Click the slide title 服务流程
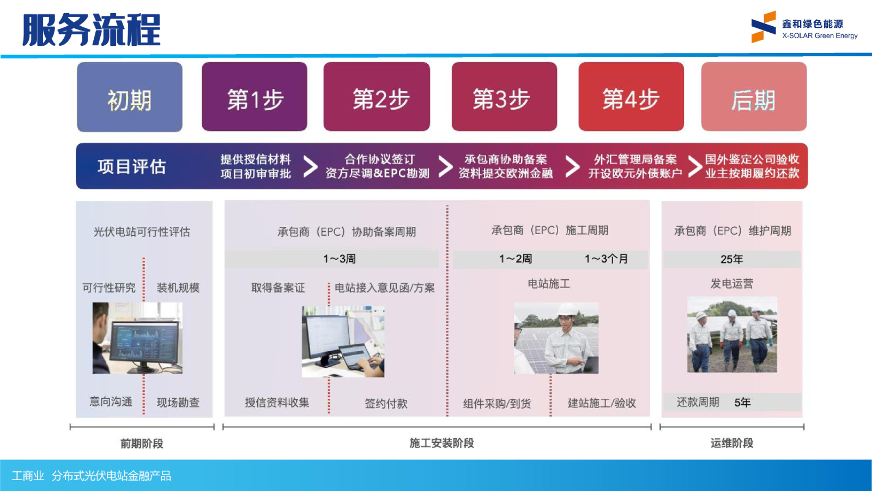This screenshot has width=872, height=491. tap(91, 29)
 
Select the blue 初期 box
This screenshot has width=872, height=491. tap(130, 97)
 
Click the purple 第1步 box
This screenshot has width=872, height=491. tap(255, 97)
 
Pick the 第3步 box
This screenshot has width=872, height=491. tap(504, 97)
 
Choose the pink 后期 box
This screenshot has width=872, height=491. tap(754, 97)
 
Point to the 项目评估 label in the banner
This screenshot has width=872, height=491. tap(131, 166)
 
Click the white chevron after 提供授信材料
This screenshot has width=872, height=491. tap(310, 166)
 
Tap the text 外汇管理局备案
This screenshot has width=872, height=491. tap(635, 159)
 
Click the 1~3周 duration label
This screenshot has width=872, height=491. tap(339, 259)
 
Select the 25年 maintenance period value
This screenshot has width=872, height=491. tap(731, 259)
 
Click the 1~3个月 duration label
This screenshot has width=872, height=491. tap(606, 259)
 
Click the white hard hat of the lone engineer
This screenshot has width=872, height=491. tap(566, 310)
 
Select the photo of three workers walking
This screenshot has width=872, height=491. tap(732, 334)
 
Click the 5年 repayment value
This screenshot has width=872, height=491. tap(742, 403)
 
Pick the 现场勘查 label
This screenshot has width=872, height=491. tap(178, 403)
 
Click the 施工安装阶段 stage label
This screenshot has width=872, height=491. tap(441, 443)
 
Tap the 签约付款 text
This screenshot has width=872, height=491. tap(386, 404)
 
